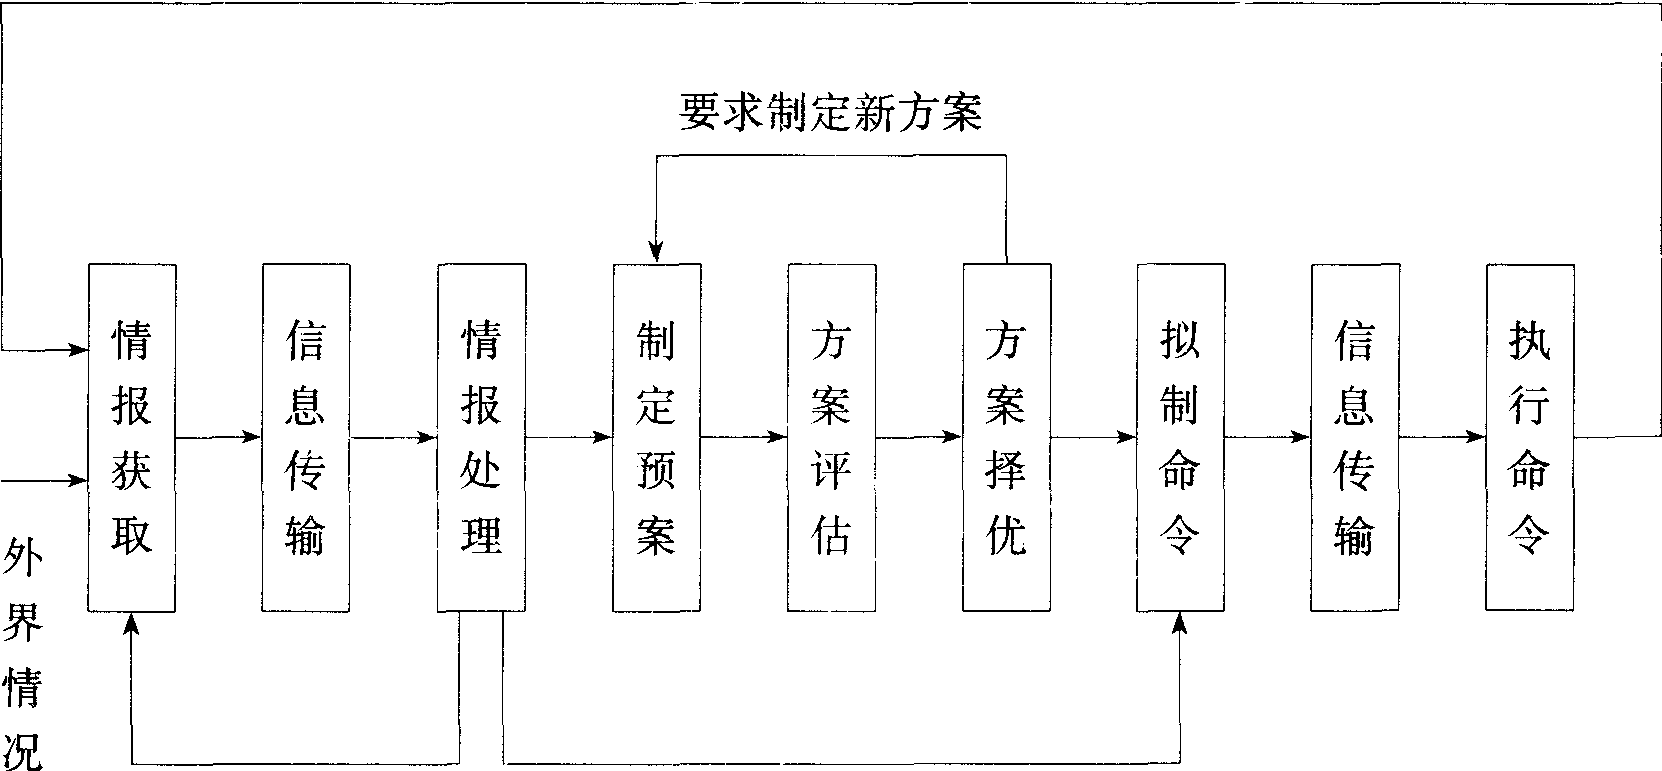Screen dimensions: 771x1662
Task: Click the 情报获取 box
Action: pyautogui.click(x=132, y=437)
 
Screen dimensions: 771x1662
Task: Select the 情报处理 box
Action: pyautogui.click(x=481, y=437)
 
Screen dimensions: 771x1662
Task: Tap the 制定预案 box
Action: pyautogui.click(x=656, y=437)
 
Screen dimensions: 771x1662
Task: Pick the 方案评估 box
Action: pyautogui.click(x=831, y=437)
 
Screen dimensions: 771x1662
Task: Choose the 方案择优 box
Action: pyautogui.click(x=1006, y=437)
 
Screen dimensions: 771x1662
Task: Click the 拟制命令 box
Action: pyautogui.click(x=1180, y=437)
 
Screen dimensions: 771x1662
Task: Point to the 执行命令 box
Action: pyautogui.click(x=1529, y=437)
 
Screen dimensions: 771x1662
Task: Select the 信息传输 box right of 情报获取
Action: pyautogui.click(x=306, y=437)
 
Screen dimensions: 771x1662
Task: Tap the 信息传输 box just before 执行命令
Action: pyautogui.click(x=1355, y=437)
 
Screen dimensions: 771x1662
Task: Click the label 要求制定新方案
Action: pyautogui.click(x=830, y=112)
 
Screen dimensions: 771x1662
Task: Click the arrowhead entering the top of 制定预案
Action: pyautogui.click(x=656, y=254)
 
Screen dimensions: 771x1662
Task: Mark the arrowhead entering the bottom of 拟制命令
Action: pyautogui.click(x=1180, y=622)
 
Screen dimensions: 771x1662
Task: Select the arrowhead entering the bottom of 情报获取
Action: pyautogui.click(x=132, y=622)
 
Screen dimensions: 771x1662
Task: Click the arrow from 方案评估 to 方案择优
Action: pyautogui.click(x=919, y=437)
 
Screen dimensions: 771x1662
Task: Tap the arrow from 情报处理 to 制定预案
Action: pyautogui.click(x=569, y=437)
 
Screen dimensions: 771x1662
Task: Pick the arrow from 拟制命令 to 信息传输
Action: pyautogui.click(x=1267, y=437)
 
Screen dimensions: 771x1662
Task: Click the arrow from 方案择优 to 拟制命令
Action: pyautogui.click(x=1093, y=437)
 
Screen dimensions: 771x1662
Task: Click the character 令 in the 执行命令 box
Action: pyautogui.click(x=1529, y=535)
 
